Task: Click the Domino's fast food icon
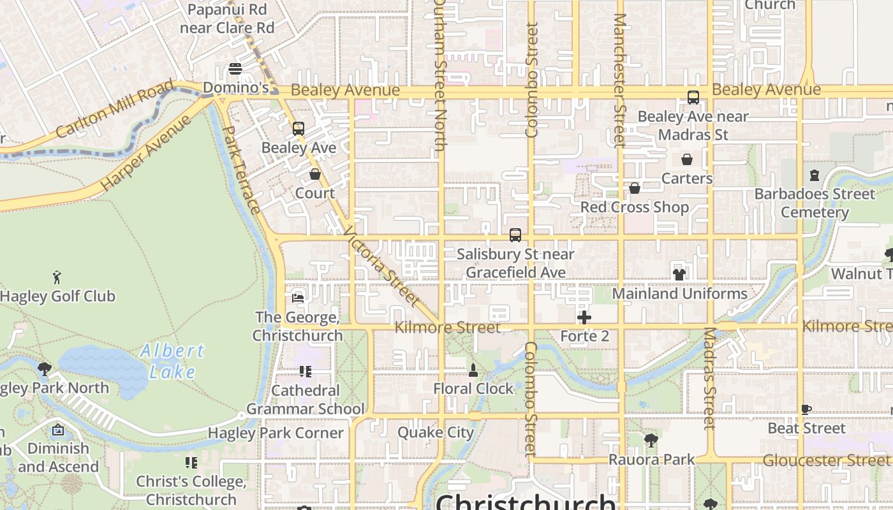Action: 235,69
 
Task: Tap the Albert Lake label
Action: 172,361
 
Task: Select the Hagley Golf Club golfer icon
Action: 57,277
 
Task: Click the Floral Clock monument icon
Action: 473,370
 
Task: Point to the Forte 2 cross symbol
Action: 584,317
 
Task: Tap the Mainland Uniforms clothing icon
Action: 679,275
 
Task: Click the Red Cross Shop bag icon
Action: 635,188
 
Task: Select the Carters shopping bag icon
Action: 687,159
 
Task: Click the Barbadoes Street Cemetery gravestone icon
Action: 815,175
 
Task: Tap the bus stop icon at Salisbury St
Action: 515,235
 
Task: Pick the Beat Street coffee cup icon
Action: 806,409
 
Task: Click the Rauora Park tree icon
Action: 651,440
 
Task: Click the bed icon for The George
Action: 298,298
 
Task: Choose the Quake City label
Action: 436,432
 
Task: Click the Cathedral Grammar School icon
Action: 306,371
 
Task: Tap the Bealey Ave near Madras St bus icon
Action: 693,98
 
